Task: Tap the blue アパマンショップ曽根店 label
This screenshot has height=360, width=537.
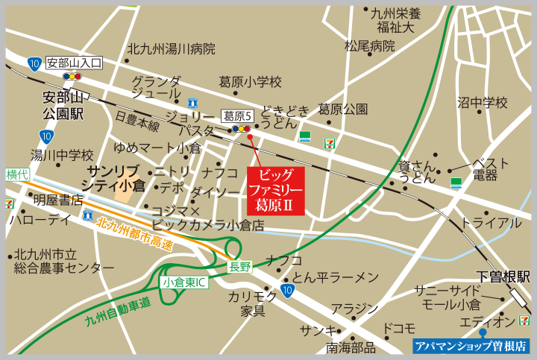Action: click(471, 346)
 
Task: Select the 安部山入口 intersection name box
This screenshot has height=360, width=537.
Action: click(73, 63)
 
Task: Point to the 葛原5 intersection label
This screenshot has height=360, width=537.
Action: click(239, 116)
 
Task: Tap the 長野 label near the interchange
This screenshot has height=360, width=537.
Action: click(240, 266)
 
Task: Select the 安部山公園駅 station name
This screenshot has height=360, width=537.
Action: click(63, 105)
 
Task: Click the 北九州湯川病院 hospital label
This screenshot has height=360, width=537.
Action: click(171, 49)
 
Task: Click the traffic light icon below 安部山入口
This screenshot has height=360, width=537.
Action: click(72, 76)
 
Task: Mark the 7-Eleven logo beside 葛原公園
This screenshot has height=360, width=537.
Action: click(329, 139)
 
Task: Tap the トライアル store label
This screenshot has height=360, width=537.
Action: click(491, 223)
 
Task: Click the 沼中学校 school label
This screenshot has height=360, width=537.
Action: click(482, 102)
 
